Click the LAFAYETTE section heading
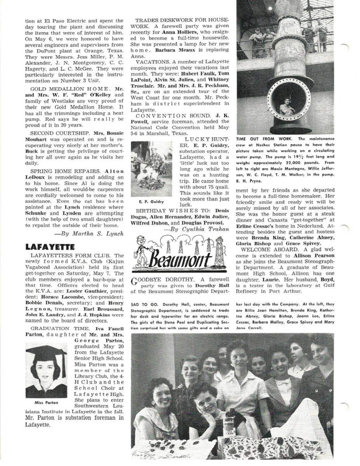pyautogui.click(x=50, y=247)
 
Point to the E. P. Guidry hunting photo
pyautogui.click(x=151, y=169)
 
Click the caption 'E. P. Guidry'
pyautogui.click(x=151, y=202)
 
